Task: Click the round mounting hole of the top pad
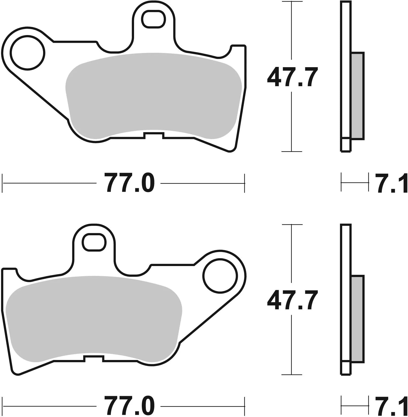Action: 27,53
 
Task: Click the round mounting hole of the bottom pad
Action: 220,276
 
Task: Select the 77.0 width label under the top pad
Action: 129,183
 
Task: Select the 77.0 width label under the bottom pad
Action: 129,406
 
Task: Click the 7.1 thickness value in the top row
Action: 391,183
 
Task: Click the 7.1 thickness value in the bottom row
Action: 391,406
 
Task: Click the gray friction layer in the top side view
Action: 357,96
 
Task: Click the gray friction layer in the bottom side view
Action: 357,319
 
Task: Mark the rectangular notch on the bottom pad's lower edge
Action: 94,359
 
